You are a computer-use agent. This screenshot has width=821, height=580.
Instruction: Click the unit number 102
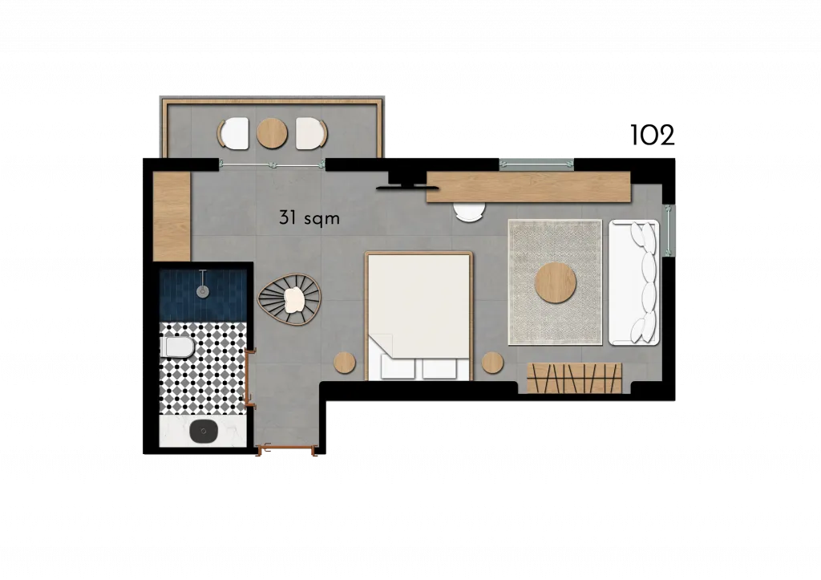coord(653,136)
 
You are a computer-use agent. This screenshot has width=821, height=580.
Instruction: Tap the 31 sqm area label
coord(309,217)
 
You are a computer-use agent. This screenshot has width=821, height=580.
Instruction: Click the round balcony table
coord(273,133)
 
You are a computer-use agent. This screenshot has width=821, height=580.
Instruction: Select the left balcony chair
coord(233,134)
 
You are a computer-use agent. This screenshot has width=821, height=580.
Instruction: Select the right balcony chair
coord(312,134)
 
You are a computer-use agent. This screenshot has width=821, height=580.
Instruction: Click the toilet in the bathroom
coord(178,347)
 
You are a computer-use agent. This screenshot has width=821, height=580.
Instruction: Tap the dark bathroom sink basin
coord(203,432)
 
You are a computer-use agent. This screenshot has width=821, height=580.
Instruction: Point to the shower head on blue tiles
coord(203,285)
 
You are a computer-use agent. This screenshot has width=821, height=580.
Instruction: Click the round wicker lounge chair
coord(289,299)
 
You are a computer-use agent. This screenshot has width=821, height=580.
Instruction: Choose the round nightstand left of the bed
coord(345,363)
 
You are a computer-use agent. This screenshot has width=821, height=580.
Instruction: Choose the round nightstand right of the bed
coord(493,363)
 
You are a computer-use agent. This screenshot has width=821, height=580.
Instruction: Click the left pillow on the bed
coord(398,367)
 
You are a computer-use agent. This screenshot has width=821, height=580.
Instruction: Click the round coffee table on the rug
coord(556,283)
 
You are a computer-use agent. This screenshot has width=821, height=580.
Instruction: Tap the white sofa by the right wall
coord(633,282)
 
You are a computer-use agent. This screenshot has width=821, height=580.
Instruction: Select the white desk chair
coord(470,213)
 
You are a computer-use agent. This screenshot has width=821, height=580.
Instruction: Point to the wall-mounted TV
coord(402,186)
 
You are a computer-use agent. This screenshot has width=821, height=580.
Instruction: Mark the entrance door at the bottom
coord(287,448)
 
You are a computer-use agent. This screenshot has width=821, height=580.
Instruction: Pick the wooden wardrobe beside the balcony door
coord(172,216)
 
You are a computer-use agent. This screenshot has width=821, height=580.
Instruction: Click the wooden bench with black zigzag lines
coord(574,378)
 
